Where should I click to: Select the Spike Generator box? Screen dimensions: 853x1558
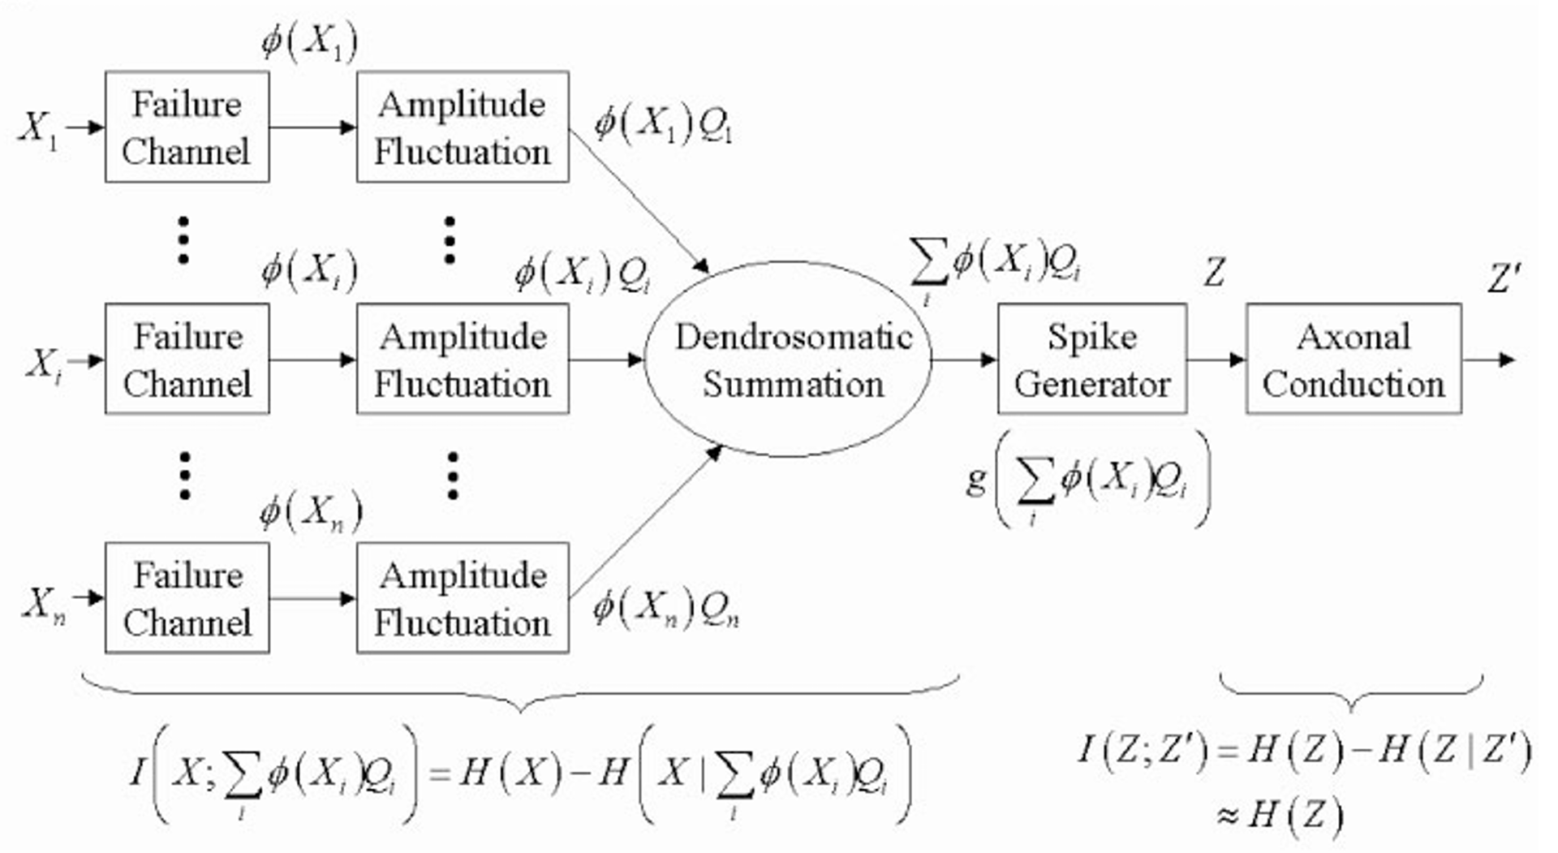click(x=1091, y=360)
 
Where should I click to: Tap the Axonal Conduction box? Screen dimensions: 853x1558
click(x=1354, y=360)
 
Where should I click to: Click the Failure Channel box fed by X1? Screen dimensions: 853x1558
click(x=187, y=127)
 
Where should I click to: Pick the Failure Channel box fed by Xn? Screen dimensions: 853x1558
click(x=187, y=598)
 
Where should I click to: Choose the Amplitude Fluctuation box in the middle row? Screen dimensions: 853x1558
click(x=463, y=360)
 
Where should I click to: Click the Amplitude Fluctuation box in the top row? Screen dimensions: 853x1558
click(x=463, y=127)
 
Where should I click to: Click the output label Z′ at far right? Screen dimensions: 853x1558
click(x=1504, y=278)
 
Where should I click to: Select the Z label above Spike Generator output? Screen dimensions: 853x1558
click(x=1214, y=273)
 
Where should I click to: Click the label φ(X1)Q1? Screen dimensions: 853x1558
click(x=663, y=124)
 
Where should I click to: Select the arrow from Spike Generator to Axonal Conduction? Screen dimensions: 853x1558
click(x=1216, y=360)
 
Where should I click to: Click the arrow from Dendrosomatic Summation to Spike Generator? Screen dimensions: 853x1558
click(x=964, y=360)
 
